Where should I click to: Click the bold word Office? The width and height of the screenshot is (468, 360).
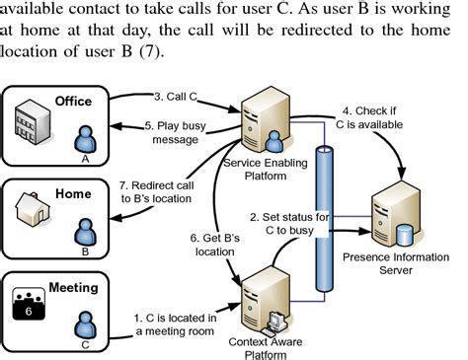pos(73,101)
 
